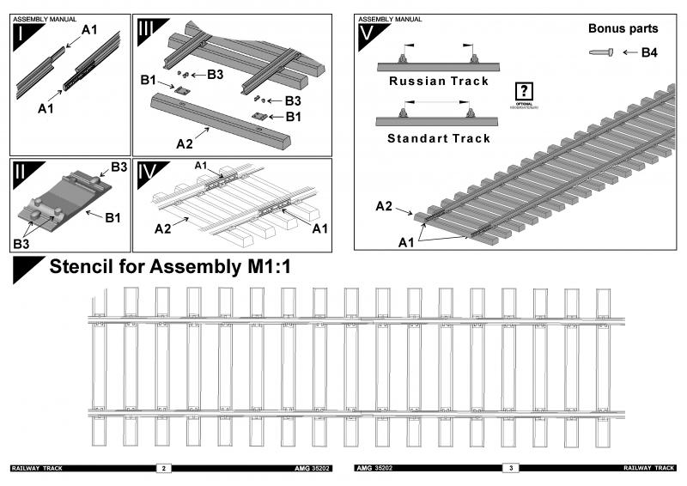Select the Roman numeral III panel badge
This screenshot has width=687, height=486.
[x=146, y=31]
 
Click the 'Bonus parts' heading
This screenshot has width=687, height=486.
[x=623, y=28]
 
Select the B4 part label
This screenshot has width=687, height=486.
[x=649, y=53]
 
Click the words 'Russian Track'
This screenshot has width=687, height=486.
[x=438, y=82]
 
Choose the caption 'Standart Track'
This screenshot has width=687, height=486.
[x=439, y=138]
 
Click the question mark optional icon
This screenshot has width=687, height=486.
[x=524, y=91]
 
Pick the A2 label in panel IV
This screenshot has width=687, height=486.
[x=163, y=229]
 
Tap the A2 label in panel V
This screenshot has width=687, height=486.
[x=386, y=206]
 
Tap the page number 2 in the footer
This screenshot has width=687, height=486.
[x=163, y=468]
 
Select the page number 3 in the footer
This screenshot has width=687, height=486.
[x=511, y=468]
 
